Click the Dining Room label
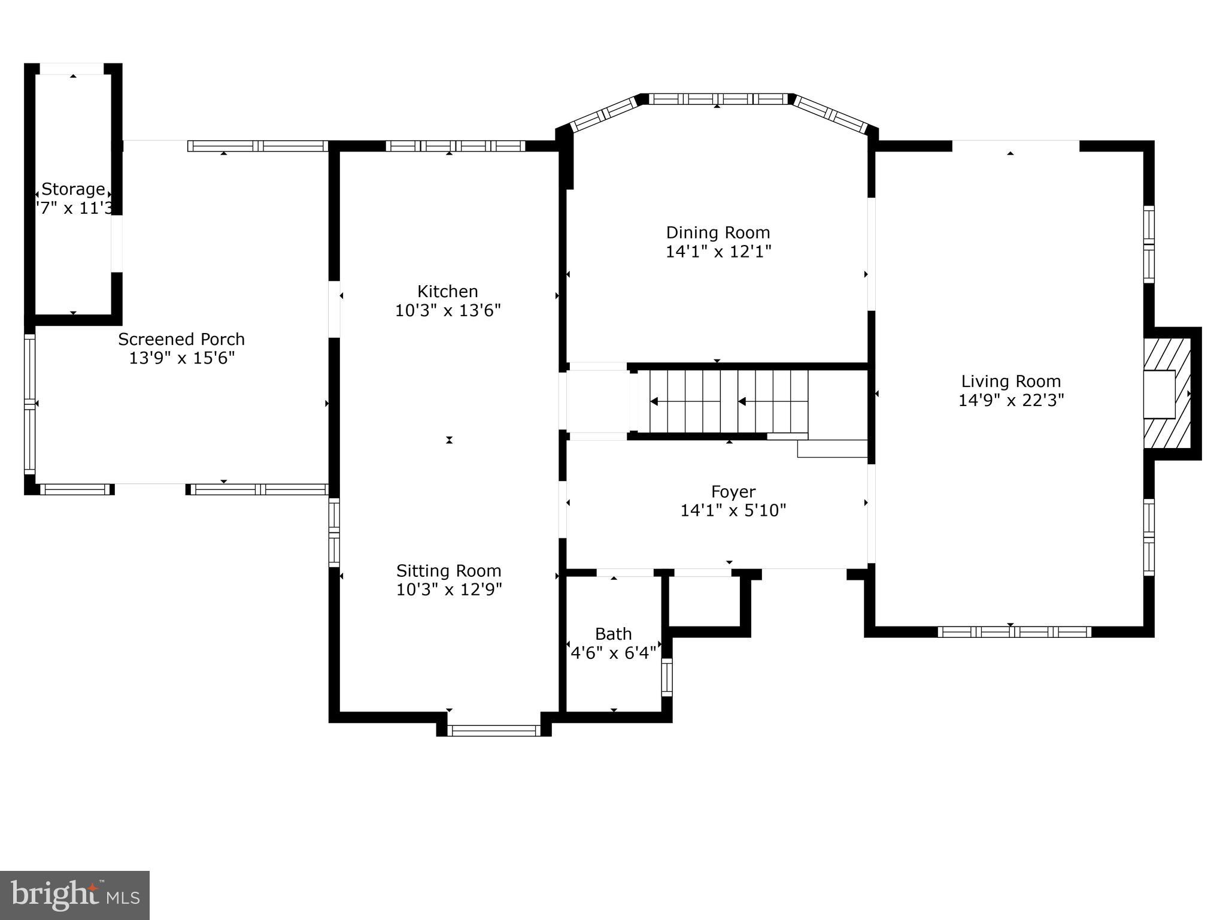tap(718, 232)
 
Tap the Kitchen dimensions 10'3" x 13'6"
tap(448, 311)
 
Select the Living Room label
tap(1010, 382)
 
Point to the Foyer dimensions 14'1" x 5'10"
tap(733, 511)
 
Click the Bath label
tap(613, 634)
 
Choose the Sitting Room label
tap(448, 571)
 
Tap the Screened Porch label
tap(181, 340)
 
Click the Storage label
tap(73, 189)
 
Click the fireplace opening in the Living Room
tap(1159, 394)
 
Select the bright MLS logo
tap(75, 895)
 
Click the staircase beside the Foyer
tap(727, 401)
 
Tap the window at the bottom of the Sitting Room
tap(494, 730)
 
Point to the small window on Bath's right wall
tap(666, 677)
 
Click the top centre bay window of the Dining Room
tap(718, 99)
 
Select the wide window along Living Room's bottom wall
tap(1014, 631)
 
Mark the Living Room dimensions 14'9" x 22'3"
tap(1010, 401)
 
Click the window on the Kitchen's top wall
tap(455, 146)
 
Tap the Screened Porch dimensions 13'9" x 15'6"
tap(181, 359)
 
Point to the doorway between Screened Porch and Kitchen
tap(334, 309)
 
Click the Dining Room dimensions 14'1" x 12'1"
tap(718, 252)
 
